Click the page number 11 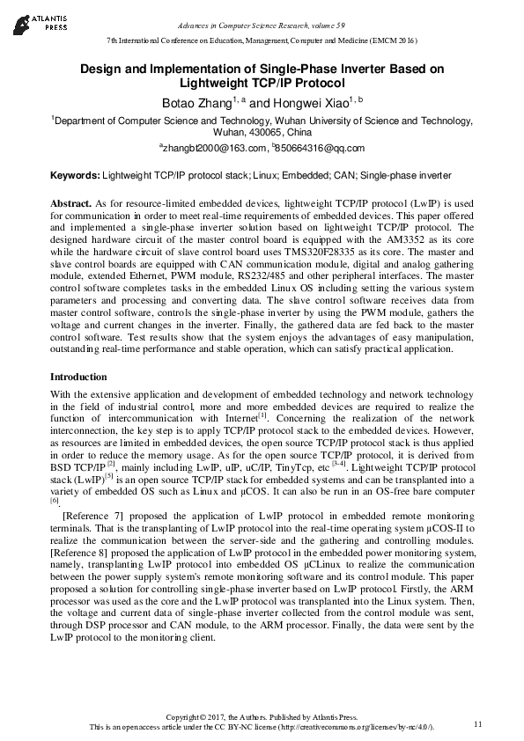(478, 723)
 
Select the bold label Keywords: (76, 175)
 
